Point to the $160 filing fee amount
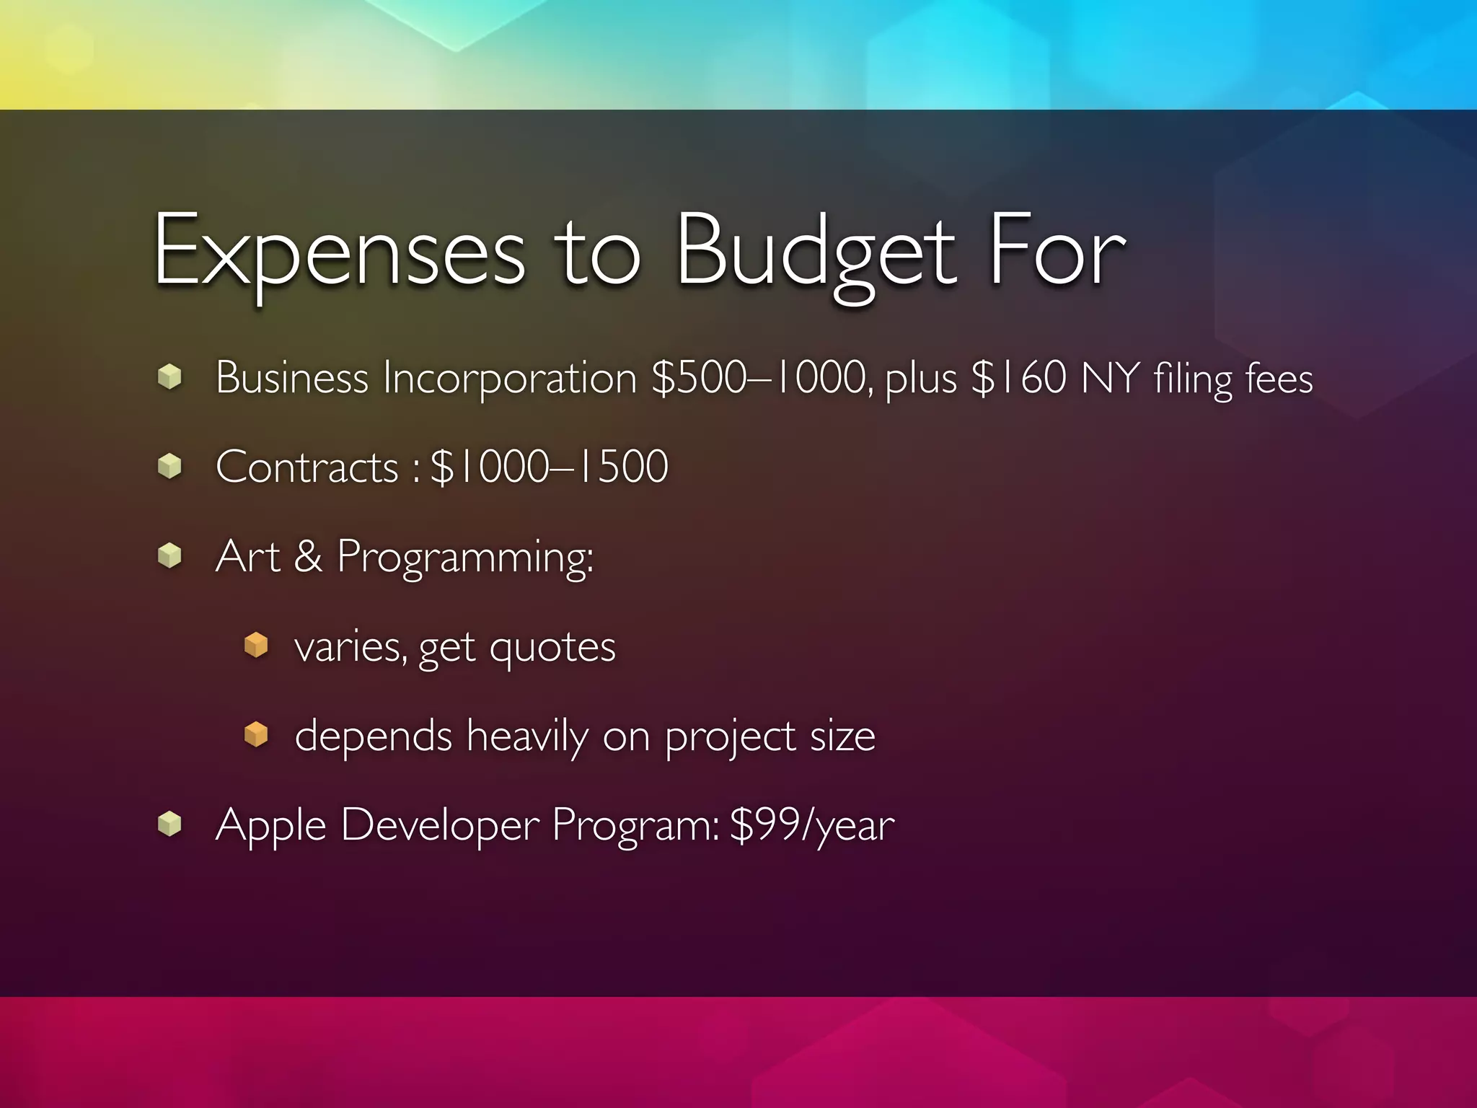click(1019, 377)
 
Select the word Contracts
click(307, 467)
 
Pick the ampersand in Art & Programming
click(309, 556)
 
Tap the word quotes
click(552, 647)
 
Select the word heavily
click(527, 737)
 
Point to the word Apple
click(270, 825)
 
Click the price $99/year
click(812, 825)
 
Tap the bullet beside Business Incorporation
click(169, 377)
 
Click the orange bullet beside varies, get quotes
click(256, 645)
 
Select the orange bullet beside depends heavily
click(256, 735)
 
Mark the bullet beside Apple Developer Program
click(169, 824)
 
